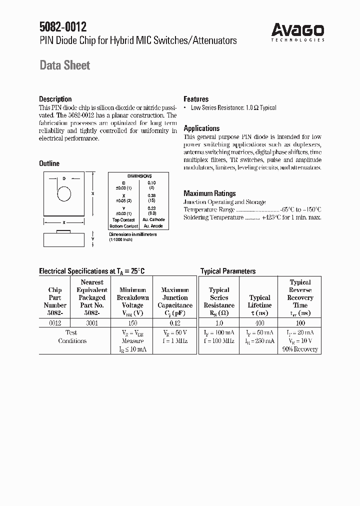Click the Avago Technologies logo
pyautogui.click(x=298, y=31)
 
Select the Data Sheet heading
pyautogui.click(x=64, y=65)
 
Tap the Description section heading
pyautogui.click(x=55, y=99)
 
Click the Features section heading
pyautogui.click(x=196, y=99)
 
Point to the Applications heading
pyautogui.click(x=201, y=128)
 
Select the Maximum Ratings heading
pyautogui.click(x=209, y=193)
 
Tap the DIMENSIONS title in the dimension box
pyautogui.click(x=138, y=176)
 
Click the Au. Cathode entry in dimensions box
pyautogui.click(x=153, y=219)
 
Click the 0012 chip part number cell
pyautogui.click(x=55, y=323)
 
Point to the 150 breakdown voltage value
pyautogui.click(x=132, y=323)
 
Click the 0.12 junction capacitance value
pyautogui.click(x=174, y=323)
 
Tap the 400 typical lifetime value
pyautogui.click(x=259, y=323)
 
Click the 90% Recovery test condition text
pyautogui.click(x=300, y=349)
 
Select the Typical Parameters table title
pyautogui.click(x=227, y=271)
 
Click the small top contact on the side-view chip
pyautogui.click(x=64, y=231)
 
